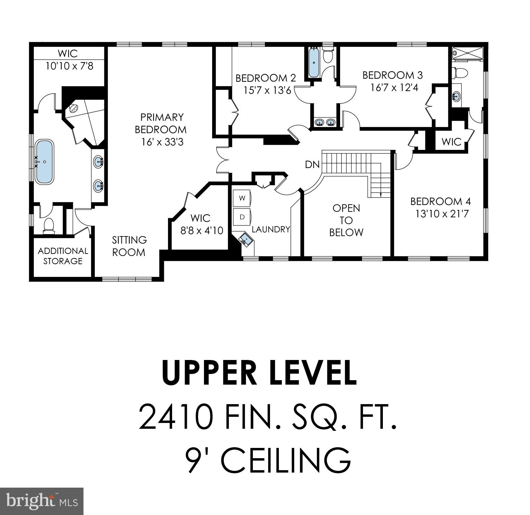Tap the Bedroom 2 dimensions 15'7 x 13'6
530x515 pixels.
[x=267, y=90]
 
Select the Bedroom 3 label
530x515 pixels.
[x=392, y=75]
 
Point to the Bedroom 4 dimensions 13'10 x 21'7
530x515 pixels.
[x=442, y=214]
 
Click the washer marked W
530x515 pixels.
[x=242, y=198]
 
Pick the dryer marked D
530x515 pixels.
[x=242, y=217]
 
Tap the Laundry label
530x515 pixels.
[x=271, y=229]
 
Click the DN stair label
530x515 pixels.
[x=312, y=165]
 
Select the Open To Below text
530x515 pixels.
[x=346, y=220]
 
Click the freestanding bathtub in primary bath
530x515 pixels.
[x=44, y=162]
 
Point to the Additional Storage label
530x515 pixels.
[x=63, y=256]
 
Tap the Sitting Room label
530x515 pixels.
[x=129, y=246]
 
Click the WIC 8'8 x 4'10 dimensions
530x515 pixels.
[x=202, y=230]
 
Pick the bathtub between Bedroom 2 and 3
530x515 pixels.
[x=314, y=63]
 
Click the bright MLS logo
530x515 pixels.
[x=42, y=501]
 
